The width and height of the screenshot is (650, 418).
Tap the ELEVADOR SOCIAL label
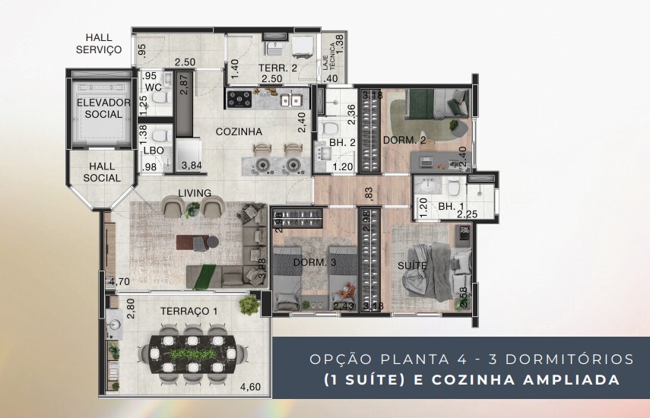click(103, 109)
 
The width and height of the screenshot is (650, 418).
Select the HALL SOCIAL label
click(103, 172)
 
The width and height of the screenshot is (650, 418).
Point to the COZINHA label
click(239, 131)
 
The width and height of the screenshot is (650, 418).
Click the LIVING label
click(195, 193)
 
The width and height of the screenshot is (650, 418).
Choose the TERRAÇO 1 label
click(189, 312)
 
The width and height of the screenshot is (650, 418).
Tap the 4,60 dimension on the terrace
click(250, 387)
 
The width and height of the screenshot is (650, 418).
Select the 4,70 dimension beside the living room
click(119, 281)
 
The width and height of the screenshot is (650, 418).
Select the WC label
click(154, 87)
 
